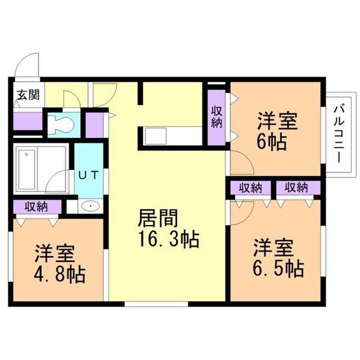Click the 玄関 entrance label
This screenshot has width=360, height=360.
[28, 95]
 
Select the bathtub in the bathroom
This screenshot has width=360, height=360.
[27, 169]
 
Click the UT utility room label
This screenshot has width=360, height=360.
[89, 175]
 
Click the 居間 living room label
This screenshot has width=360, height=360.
[158, 218]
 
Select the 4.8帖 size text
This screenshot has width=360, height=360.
[59, 274]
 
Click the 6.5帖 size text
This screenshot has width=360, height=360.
[278, 269]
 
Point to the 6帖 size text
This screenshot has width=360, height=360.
[272, 142]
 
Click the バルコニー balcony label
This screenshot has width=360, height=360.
[339, 134]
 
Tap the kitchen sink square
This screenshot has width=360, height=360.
[156, 136]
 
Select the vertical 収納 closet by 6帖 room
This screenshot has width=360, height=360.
[217, 118]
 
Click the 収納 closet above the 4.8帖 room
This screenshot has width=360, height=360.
[37, 207]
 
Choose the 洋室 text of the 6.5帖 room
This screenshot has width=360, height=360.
[274, 248]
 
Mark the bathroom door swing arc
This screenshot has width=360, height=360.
[55, 176]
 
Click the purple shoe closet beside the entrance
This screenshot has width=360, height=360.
[28, 121]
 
